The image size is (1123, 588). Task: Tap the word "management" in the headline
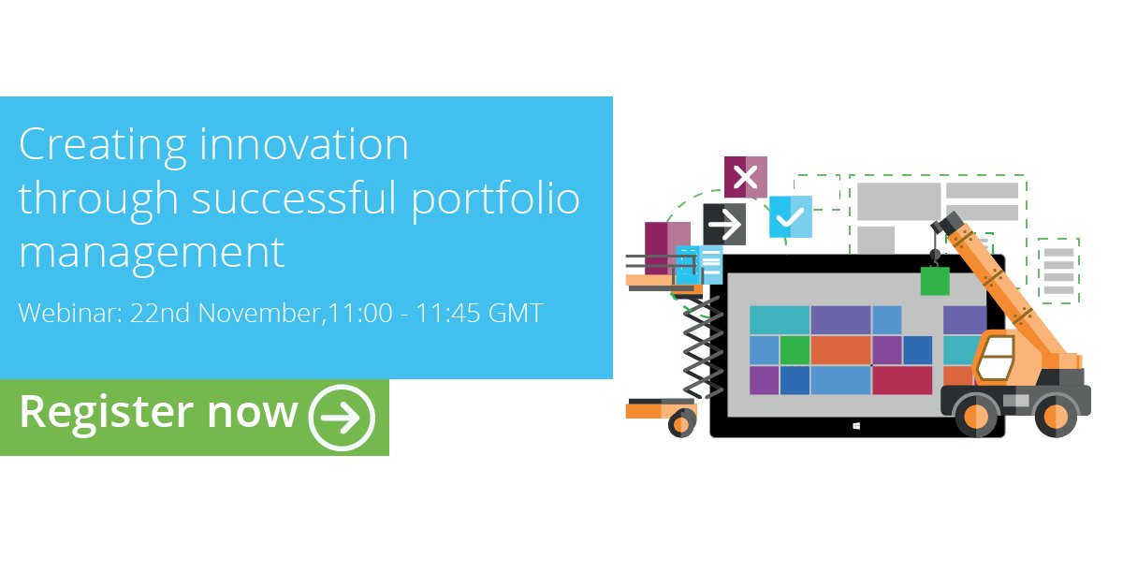152,252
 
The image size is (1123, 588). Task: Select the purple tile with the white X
745,177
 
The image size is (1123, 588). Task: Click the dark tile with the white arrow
724,224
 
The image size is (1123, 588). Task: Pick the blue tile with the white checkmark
790,217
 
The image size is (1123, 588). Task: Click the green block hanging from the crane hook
934,280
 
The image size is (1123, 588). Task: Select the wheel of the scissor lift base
681,423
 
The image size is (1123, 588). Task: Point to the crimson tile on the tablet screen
902,380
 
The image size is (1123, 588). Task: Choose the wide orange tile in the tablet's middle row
840,350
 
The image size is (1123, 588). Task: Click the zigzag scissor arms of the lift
702,346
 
